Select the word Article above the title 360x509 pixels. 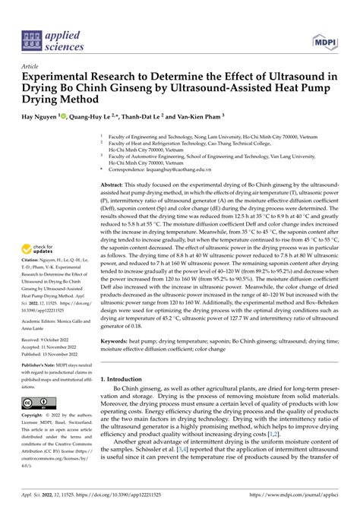[32, 67]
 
